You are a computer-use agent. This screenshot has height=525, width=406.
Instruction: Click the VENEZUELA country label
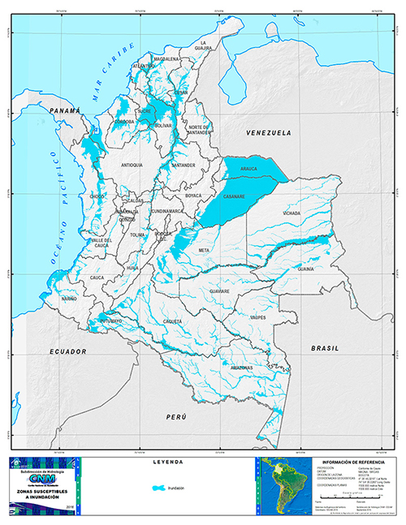click(x=268, y=131)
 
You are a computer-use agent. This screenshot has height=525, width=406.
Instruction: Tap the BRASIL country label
click(x=323, y=346)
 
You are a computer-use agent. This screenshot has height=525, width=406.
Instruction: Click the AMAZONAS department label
click(x=242, y=367)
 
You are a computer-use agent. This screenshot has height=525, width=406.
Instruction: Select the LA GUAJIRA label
click(x=206, y=45)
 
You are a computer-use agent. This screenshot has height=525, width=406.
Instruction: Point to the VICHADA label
click(x=291, y=213)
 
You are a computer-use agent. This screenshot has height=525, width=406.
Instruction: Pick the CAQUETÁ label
click(x=171, y=321)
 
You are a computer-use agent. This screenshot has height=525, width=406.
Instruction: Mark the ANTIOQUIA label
click(x=132, y=165)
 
